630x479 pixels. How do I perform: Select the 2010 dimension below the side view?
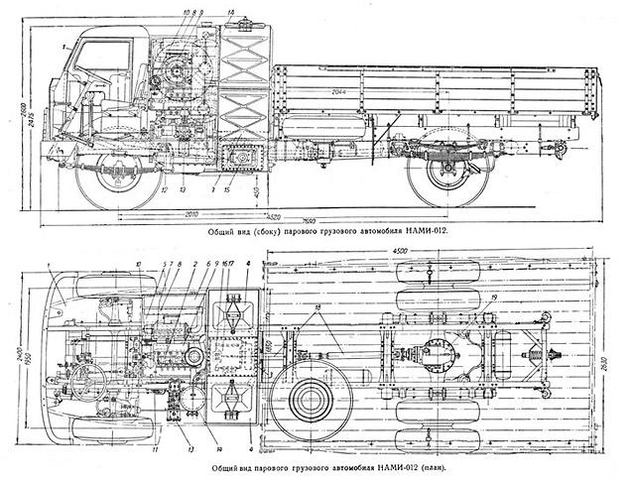(x=194, y=211)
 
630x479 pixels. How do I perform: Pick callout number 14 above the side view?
(x=230, y=12)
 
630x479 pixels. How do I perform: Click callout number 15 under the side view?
(x=227, y=188)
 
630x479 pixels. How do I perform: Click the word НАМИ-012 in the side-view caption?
(x=421, y=231)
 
